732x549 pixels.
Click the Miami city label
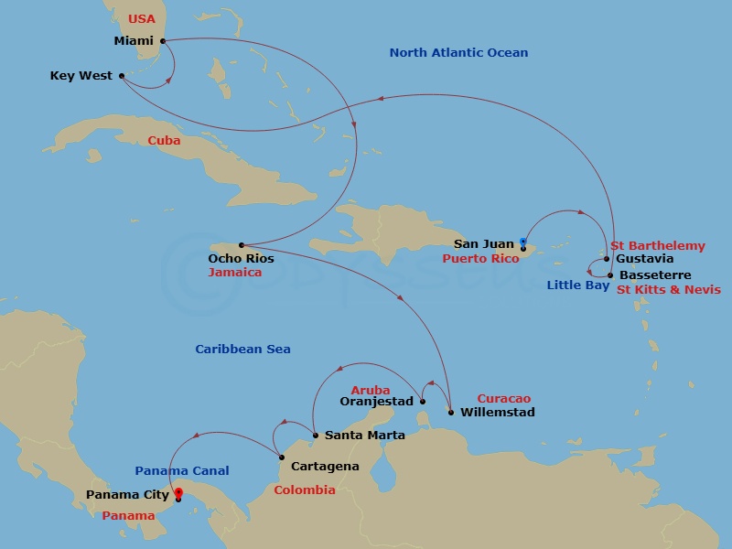(x=133, y=41)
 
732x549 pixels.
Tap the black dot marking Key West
(x=121, y=76)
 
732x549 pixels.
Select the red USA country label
(x=142, y=19)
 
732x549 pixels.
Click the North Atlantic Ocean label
(x=458, y=53)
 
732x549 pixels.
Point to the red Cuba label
(x=164, y=141)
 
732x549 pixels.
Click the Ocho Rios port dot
(x=241, y=245)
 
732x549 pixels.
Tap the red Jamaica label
(x=234, y=273)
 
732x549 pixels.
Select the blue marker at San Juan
(x=522, y=242)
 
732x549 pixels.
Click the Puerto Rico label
(x=480, y=259)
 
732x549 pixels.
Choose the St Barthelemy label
(x=657, y=246)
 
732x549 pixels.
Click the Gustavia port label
(x=645, y=259)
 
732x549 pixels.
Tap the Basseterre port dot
(x=610, y=274)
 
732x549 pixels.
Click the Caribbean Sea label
(x=242, y=350)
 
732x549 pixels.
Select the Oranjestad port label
(x=378, y=401)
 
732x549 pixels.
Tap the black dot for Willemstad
(x=451, y=413)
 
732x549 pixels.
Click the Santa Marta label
(x=364, y=436)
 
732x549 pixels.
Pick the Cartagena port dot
(x=280, y=456)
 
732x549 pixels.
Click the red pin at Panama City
(x=178, y=493)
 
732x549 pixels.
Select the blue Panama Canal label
(x=182, y=471)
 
